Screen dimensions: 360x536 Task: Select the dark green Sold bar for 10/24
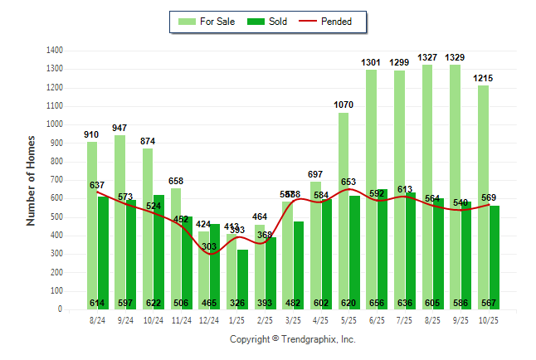pos(158,249)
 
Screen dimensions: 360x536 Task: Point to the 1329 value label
pos(455,57)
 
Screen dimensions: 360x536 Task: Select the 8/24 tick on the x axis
pos(97,319)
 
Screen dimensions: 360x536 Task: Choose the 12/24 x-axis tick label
pos(209,319)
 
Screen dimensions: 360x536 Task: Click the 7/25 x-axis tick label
pos(405,319)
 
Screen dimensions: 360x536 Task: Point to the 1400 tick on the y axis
pos(56,51)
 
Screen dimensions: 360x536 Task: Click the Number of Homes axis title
pos(32,180)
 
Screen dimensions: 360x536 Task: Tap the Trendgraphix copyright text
pos(292,339)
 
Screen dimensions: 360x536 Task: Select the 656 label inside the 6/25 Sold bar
pos(378,303)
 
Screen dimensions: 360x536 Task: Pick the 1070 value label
pos(344,105)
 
